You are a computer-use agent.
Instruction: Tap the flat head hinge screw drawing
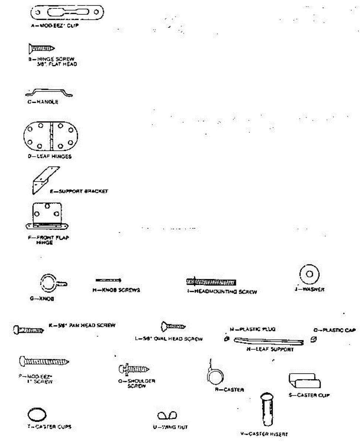coord(41,48)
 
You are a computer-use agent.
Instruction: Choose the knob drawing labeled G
coord(50,283)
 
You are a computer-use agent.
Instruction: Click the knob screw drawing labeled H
coord(108,280)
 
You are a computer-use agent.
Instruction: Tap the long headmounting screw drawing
coord(211,282)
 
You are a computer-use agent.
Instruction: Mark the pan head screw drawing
coord(28,329)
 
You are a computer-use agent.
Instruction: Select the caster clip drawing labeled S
coord(305,381)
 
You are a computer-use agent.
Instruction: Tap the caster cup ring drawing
coord(37,414)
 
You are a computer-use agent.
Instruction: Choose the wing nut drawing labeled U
coord(167,416)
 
